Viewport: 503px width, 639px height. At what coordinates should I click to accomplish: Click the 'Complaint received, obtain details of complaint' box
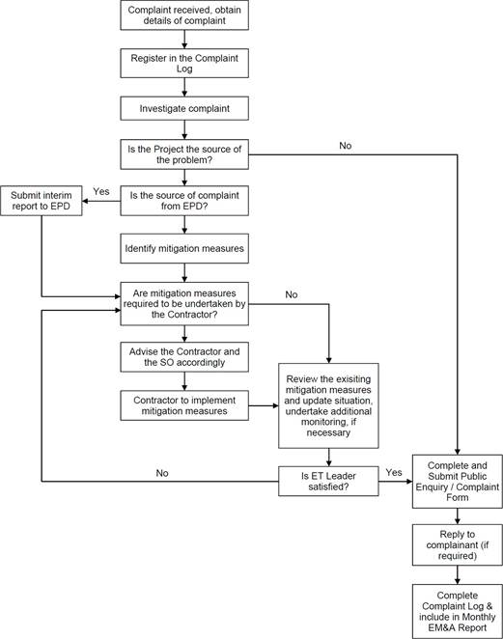click(184, 15)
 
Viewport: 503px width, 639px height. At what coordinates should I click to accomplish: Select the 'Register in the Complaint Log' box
click(184, 63)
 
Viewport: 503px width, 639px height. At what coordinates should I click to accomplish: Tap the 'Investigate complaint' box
click(184, 108)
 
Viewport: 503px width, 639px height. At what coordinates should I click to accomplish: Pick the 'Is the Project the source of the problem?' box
click(184, 154)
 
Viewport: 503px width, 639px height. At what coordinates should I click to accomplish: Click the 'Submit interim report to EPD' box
click(42, 201)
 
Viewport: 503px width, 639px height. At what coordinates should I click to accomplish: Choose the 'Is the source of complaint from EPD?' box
click(184, 201)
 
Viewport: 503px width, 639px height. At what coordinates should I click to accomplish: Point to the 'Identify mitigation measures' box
click(184, 249)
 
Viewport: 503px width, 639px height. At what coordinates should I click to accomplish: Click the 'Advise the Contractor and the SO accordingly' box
click(184, 357)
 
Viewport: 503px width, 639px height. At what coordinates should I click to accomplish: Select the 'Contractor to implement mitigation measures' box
click(184, 405)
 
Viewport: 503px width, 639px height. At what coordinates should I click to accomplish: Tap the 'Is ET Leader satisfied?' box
click(328, 482)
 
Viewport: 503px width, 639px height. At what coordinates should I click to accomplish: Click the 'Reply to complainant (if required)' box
click(458, 544)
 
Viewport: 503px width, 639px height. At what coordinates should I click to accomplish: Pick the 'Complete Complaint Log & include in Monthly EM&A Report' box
click(458, 611)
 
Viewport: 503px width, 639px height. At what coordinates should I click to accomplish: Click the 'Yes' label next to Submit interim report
click(101, 191)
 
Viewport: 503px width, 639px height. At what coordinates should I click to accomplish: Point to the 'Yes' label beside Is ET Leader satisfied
click(394, 472)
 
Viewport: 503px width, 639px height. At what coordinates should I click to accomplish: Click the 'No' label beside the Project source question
click(346, 146)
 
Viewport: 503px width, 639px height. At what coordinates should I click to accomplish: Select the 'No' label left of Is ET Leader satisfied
click(162, 473)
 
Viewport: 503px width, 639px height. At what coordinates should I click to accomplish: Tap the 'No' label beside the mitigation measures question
click(291, 294)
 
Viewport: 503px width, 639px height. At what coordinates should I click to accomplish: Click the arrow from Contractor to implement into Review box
click(264, 406)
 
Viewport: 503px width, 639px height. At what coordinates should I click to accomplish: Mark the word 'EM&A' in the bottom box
click(443, 627)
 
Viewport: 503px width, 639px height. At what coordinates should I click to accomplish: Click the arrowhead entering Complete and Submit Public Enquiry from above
click(458, 452)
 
